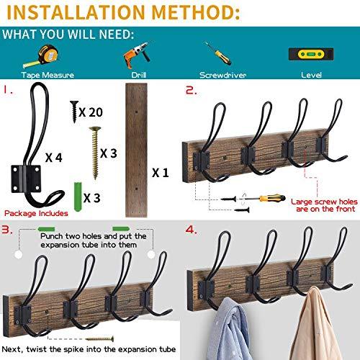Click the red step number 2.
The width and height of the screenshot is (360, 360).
coord(190,91)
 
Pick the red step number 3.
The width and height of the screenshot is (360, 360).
coord(6,230)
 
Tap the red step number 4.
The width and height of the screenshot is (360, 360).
coord(190,230)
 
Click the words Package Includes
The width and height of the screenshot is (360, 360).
coord(36,214)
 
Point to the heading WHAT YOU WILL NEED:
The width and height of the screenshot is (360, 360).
coord(68,35)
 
